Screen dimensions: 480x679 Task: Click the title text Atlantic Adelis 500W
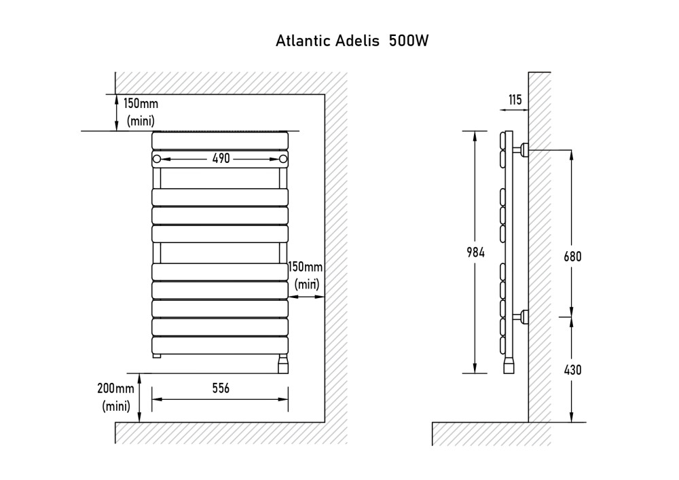coord(352,41)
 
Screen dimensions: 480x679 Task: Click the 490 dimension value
coord(221,159)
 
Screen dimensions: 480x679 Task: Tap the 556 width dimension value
coord(221,388)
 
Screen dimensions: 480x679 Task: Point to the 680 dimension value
coord(572,257)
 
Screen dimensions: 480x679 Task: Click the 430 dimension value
coord(572,370)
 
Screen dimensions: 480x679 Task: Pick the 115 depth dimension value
coord(515,100)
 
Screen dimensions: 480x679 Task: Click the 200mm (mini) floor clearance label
coord(115,397)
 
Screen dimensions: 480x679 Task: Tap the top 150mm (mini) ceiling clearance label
coord(140,113)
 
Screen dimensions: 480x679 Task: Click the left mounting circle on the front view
coord(157,160)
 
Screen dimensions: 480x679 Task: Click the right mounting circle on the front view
coord(283,160)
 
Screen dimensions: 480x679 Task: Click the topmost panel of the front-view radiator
coord(220,141)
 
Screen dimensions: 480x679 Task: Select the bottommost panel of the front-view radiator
coord(220,345)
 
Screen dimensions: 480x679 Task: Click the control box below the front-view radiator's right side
coord(283,364)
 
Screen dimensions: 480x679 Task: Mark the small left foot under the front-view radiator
coord(157,356)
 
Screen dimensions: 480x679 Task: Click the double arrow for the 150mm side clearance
coord(306,297)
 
